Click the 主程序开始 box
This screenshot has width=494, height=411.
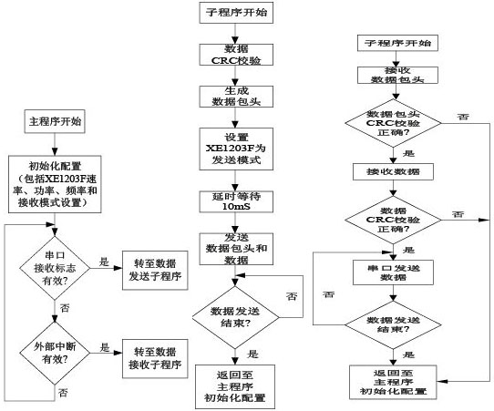pos(55,121)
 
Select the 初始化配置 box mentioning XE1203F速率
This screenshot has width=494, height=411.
pos(55,184)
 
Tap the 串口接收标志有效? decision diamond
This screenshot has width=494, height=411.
pos(55,268)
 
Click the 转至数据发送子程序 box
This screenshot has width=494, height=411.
pos(155,271)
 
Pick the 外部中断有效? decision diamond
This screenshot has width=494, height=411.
pos(55,353)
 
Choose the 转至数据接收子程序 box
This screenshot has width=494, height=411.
pos(155,358)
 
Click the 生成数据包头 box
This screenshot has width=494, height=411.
pos(236,97)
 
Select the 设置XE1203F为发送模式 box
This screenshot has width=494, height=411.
pos(236,149)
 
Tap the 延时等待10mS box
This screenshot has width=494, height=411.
pos(236,201)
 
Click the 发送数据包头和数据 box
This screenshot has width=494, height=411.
pos(236,249)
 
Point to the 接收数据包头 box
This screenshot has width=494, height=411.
pos(397,75)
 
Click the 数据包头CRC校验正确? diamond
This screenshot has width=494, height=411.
pos(393,123)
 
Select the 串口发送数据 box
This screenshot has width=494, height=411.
pos(393,272)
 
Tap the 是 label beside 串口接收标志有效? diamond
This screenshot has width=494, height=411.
pos(104,262)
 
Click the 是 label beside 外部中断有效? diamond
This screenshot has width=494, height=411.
pos(104,347)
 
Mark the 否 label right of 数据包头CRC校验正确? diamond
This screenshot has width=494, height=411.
pos(463,117)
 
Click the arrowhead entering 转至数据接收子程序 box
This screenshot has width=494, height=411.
pos(118,353)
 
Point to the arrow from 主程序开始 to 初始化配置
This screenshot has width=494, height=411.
pos(55,144)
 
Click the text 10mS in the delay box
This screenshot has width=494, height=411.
pos(236,207)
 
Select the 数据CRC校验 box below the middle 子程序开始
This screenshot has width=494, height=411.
pos(236,55)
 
